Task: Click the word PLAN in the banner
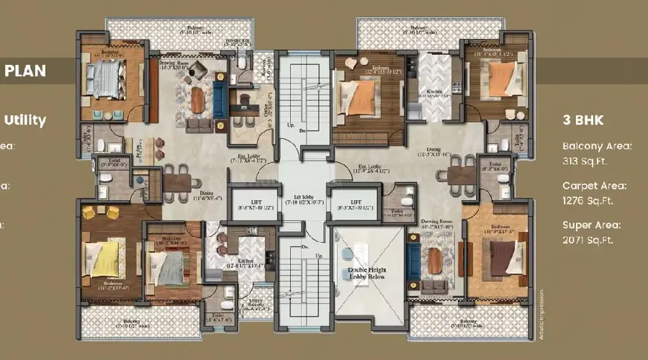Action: pyautogui.click(x=25, y=71)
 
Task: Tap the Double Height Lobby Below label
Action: pyautogui.click(x=368, y=273)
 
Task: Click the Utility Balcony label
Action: pyautogui.click(x=256, y=304)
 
